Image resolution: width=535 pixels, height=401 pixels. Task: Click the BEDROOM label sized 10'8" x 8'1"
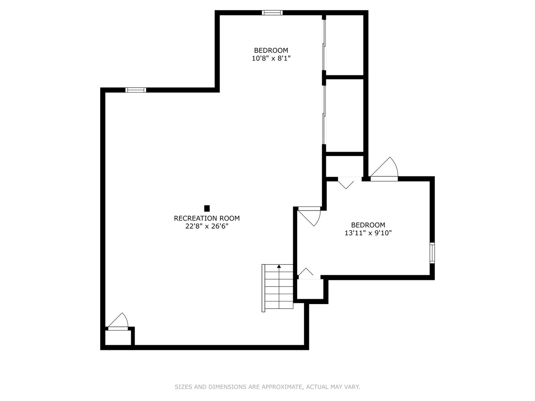click(271, 50)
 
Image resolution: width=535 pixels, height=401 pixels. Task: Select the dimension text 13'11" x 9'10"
click(368, 233)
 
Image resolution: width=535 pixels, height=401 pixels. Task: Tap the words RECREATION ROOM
click(207, 218)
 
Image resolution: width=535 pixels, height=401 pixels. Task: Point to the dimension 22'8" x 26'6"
click(207, 226)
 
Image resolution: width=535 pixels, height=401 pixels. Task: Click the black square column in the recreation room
click(207, 208)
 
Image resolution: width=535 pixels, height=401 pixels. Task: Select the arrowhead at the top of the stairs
click(279, 266)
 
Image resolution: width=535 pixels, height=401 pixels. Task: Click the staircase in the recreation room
click(278, 288)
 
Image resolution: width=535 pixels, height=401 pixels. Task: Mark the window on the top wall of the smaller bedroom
click(272, 13)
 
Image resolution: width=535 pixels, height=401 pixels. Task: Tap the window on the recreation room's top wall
click(136, 90)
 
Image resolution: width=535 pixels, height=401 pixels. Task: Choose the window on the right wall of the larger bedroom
click(432, 252)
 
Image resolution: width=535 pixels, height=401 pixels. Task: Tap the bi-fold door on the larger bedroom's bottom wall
click(306, 273)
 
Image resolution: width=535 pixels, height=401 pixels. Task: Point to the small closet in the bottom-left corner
click(118, 338)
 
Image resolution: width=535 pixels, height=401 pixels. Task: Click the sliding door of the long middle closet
click(324, 115)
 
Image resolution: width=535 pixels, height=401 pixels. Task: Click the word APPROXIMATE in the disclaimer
click(282, 387)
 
